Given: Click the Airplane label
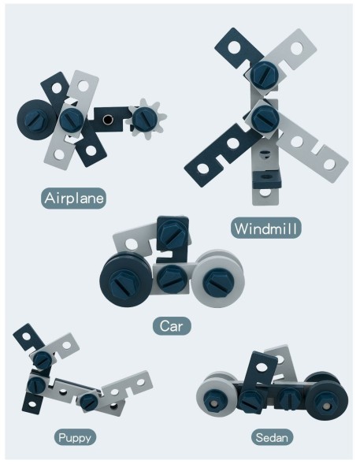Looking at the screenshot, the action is (74, 198).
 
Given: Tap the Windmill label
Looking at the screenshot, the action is (266, 228).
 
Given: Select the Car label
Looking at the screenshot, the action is (172, 326).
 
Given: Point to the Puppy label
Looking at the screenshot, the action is (75, 437).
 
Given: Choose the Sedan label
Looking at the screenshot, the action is (272, 437).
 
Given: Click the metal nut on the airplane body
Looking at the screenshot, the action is (108, 120).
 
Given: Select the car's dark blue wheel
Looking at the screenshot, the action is (126, 281).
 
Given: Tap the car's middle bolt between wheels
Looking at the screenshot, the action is (171, 278).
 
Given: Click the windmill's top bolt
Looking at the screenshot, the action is (264, 75).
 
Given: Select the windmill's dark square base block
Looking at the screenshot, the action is (266, 180).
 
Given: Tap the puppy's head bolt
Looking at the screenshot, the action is (42, 359).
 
